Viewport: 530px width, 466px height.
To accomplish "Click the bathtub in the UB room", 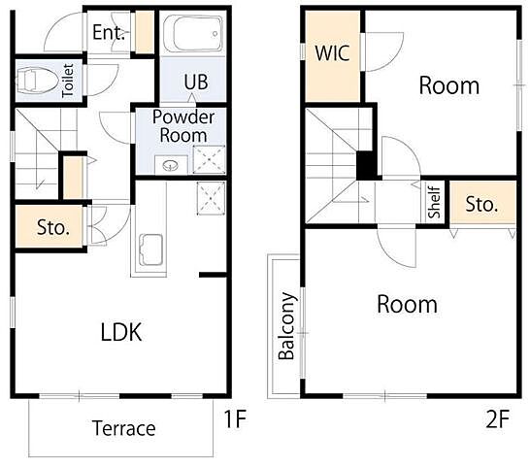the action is pos(193,34).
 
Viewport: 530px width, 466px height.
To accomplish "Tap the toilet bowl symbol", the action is pos(37,81).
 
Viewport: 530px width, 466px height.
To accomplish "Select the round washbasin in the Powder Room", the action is pos(171,165).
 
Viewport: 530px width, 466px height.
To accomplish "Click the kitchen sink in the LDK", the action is pos(151,250).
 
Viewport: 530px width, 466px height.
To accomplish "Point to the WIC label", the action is pos(332,53).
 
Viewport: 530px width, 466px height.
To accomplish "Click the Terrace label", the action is pos(123,428).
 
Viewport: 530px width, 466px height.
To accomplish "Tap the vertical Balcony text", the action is pos(286,326).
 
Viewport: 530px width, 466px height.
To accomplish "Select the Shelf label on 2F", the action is pos(434,203).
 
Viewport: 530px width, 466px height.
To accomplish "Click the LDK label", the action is pos(121,332).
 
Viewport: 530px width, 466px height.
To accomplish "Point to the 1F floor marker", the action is pos(236,419).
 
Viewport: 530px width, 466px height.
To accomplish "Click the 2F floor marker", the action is pos(498,419).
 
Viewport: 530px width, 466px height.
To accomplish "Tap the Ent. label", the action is pos(109,32).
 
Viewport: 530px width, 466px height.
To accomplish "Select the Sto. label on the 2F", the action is pos(481,204).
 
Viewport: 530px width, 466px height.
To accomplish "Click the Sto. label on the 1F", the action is pos(53,227).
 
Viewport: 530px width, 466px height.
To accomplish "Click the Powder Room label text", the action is pos(183,126).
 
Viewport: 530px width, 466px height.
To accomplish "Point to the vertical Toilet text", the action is pos(68,81).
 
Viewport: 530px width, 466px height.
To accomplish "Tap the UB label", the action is pos(196,82).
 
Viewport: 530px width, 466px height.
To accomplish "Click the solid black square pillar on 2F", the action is pos(367,166).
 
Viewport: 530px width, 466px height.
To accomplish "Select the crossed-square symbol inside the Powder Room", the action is pos(210,159).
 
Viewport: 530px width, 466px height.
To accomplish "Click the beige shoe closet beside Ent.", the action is pos(145,32).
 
